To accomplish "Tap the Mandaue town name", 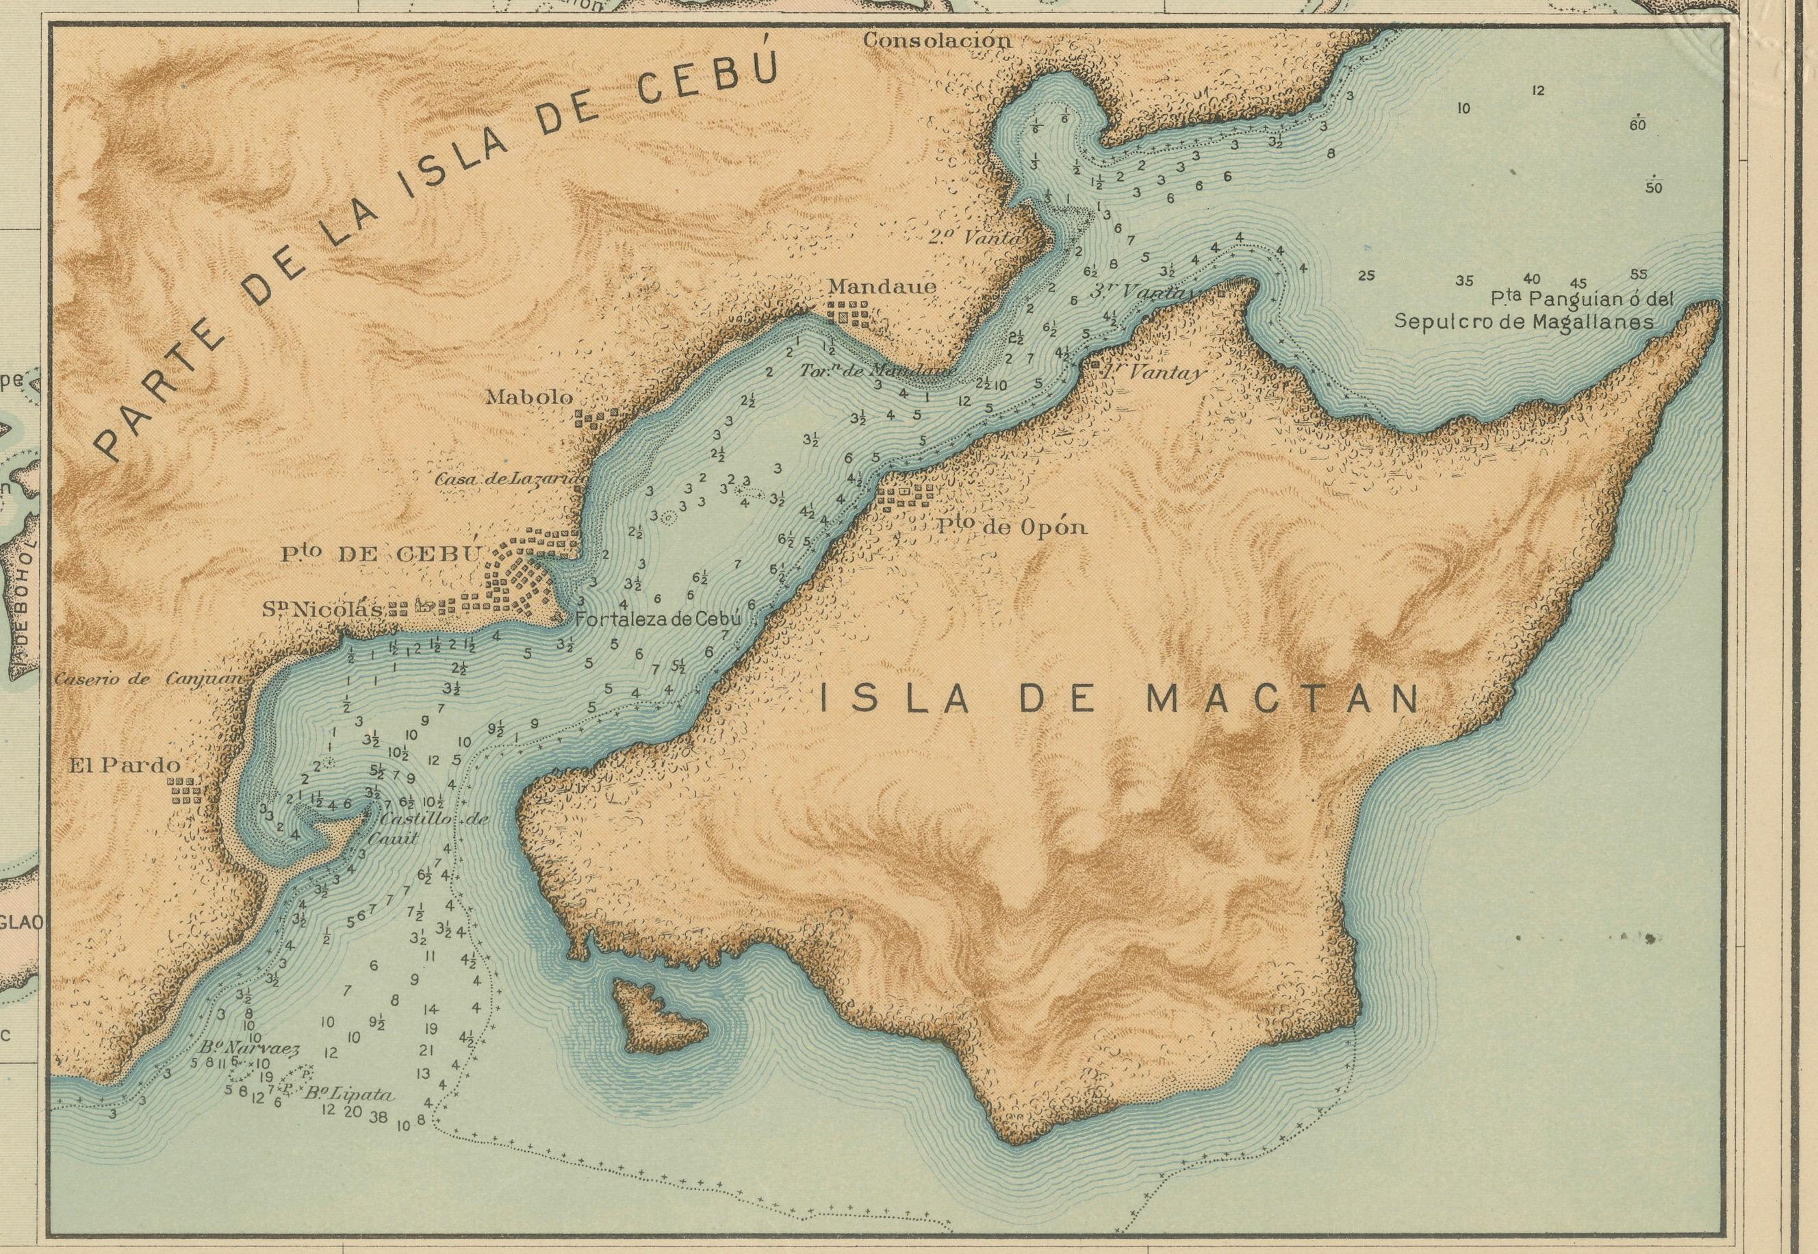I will [x=882, y=287].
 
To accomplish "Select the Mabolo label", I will [x=530, y=397].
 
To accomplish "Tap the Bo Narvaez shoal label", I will [x=249, y=1048].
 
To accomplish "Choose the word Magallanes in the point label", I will [x=1591, y=321].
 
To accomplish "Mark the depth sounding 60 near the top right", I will [x=1638, y=125].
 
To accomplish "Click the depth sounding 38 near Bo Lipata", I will [x=378, y=1117].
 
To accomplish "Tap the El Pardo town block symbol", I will [x=185, y=791].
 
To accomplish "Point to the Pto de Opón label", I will [x=1012, y=527].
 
